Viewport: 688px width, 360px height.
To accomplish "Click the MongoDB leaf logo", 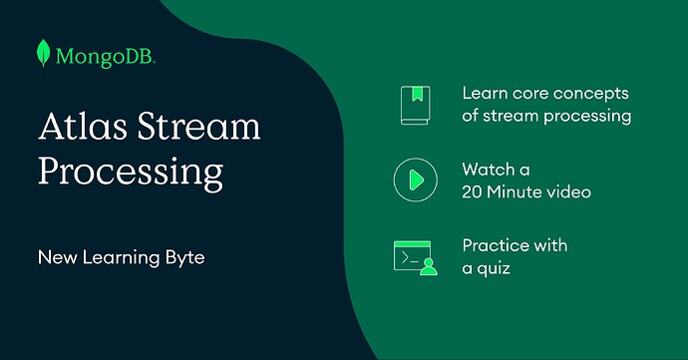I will (x=44, y=53).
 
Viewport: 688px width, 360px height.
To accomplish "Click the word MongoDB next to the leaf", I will (x=106, y=55).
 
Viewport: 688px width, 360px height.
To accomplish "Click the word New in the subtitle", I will (x=56, y=257).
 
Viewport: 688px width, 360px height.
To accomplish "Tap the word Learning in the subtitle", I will (x=117, y=257).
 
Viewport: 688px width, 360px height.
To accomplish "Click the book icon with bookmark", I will (x=415, y=104).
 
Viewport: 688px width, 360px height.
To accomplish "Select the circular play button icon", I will (x=415, y=180).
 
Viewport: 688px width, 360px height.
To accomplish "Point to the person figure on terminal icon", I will (x=429, y=264).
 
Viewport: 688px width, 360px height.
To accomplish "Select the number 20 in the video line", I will (x=474, y=191).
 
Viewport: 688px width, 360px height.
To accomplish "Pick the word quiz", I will (x=497, y=267).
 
